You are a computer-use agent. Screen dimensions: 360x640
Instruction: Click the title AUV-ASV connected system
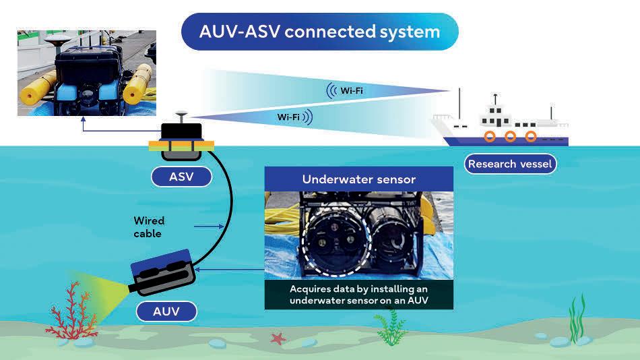click(319, 32)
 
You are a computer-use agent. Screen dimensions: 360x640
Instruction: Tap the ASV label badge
click(181, 177)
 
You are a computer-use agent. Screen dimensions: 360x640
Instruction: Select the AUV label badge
click(166, 311)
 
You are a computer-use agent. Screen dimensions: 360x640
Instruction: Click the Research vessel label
click(510, 164)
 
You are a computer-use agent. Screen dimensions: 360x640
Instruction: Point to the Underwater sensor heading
click(358, 179)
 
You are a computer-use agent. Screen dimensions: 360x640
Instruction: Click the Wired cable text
click(148, 227)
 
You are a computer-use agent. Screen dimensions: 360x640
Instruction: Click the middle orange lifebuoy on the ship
click(510, 137)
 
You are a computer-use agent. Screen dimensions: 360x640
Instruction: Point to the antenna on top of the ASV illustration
click(181, 116)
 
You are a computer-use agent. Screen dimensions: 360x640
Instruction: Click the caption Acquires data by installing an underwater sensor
click(358, 295)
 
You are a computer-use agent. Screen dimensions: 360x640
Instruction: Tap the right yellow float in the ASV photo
click(137, 82)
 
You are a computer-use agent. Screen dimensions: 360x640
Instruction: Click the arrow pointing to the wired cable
click(204, 227)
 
